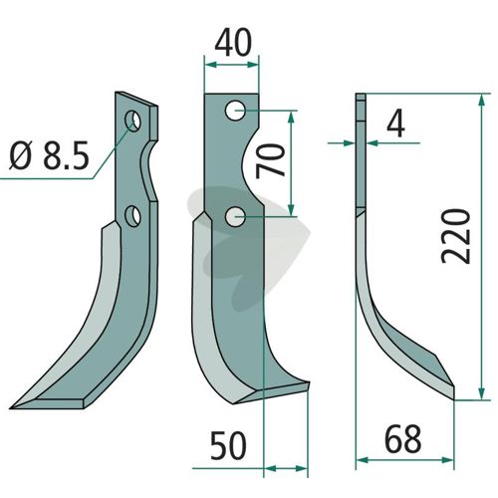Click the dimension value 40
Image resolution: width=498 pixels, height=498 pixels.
[x=233, y=43]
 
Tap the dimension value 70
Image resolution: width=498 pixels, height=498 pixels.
[x=270, y=160]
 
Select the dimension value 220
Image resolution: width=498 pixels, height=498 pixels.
[x=456, y=236]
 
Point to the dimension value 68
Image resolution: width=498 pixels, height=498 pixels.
[x=402, y=438]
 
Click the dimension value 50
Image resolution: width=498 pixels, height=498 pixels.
[x=228, y=446]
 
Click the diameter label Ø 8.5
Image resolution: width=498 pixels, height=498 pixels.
[x=50, y=155]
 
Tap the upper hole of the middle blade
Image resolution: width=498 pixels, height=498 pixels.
[x=235, y=111]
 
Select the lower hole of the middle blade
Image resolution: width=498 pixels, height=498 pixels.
[x=235, y=217]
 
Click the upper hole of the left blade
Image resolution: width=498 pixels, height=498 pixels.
[x=132, y=121]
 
